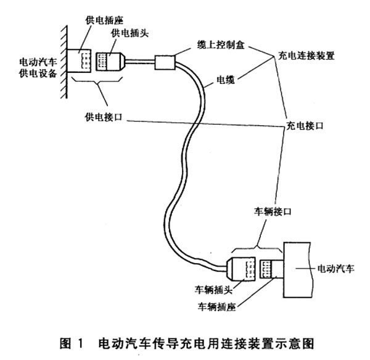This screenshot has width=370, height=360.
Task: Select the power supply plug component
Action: coord(112,62)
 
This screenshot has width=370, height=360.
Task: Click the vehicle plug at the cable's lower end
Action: coord(242,269)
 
